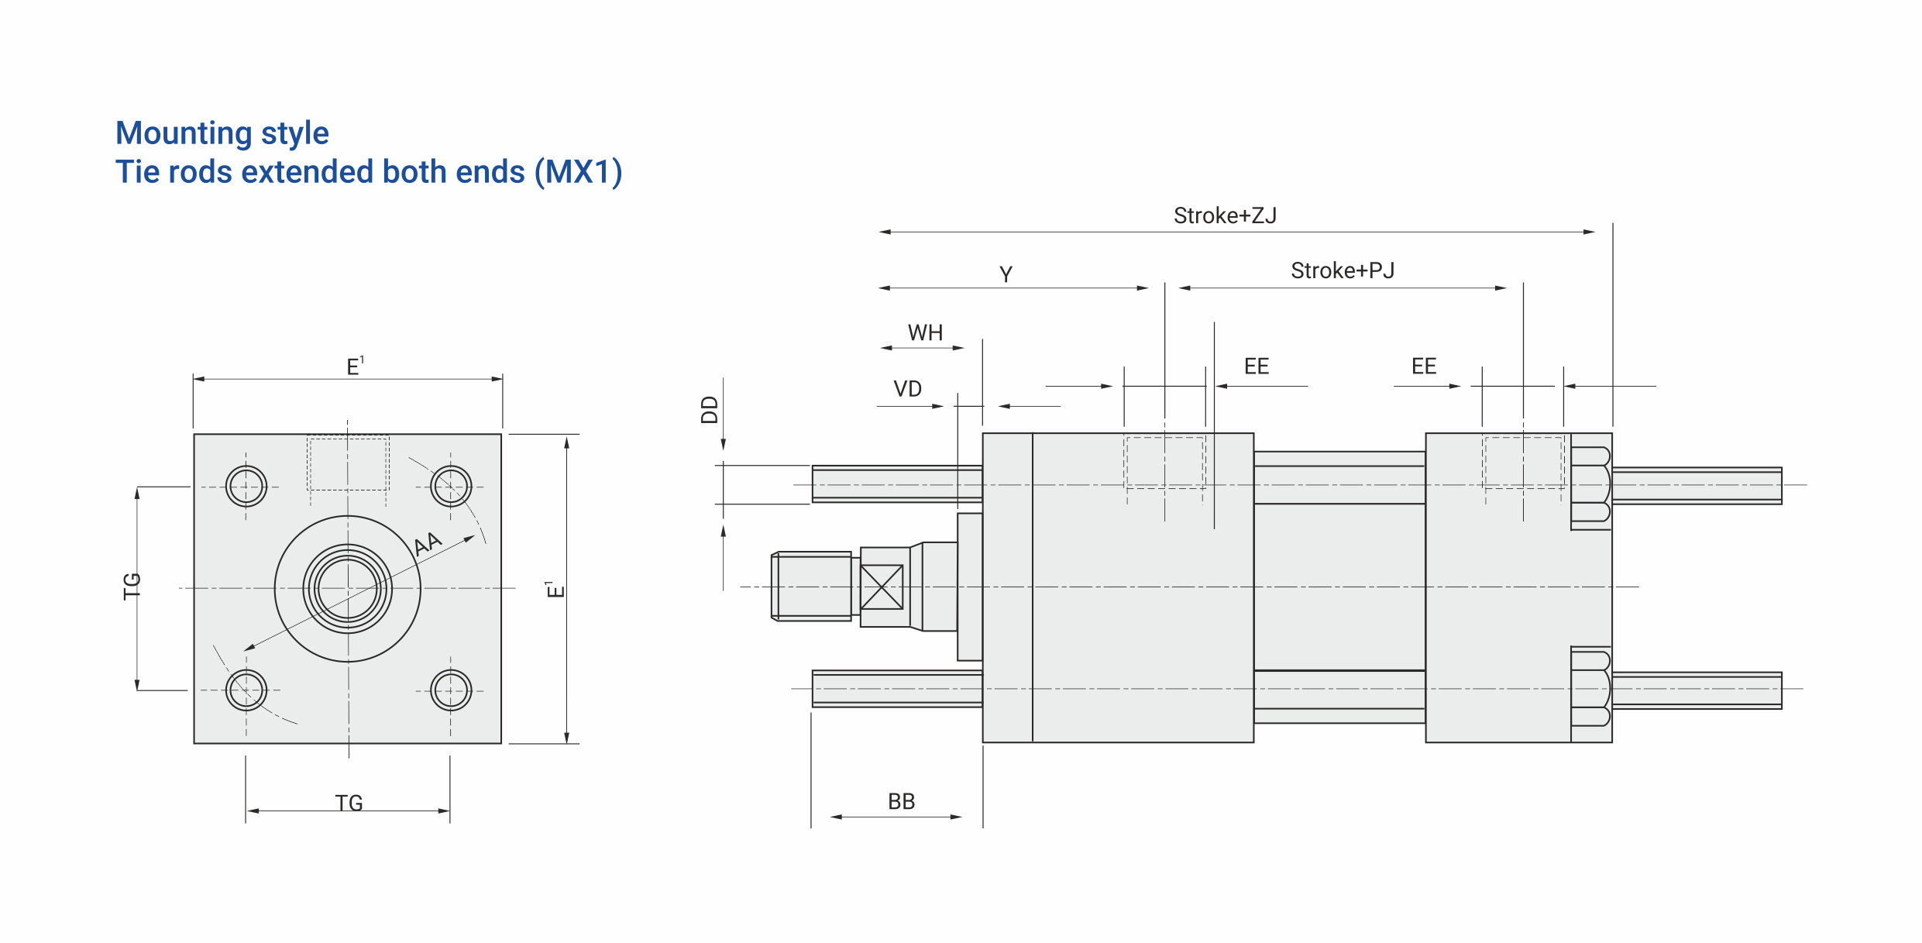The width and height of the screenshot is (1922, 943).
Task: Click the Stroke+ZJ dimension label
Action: (1225, 215)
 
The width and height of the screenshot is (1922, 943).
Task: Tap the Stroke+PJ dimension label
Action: (1343, 270)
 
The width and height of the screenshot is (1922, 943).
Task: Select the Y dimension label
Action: (1006, 274)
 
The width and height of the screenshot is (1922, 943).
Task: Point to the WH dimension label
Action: (925, 332)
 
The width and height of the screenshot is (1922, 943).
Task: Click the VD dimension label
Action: (907, 388)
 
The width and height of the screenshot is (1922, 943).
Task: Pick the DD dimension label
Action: (710, 409)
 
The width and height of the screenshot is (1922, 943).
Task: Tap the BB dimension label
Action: (901, 801)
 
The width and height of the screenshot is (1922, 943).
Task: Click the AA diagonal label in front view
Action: (427, 543)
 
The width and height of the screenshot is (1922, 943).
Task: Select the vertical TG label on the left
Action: (132, 586)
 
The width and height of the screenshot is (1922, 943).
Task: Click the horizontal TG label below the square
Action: (349, 803)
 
